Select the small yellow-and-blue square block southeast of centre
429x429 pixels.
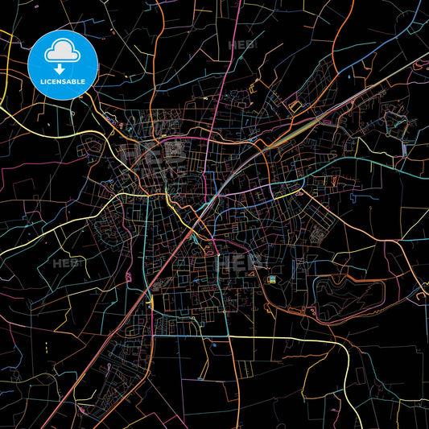[271, 279]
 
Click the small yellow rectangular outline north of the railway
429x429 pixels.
[295, 106]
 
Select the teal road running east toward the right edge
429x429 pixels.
[378, 164]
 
